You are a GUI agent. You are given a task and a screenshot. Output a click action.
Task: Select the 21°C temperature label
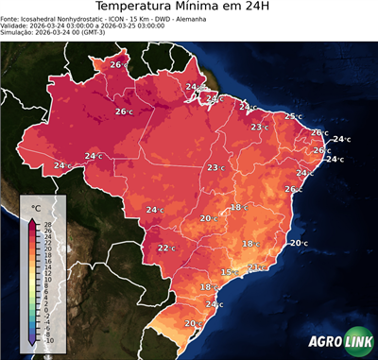(x=255, y=267)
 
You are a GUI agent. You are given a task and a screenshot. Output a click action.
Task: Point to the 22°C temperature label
(x=166, y=249)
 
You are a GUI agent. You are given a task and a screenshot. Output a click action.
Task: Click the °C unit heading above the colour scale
(x=36, y=207)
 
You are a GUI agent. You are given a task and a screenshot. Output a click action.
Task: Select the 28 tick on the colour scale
(x=47, y=224)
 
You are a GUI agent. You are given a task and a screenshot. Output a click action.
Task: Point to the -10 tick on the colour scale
(x=48, y=340)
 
